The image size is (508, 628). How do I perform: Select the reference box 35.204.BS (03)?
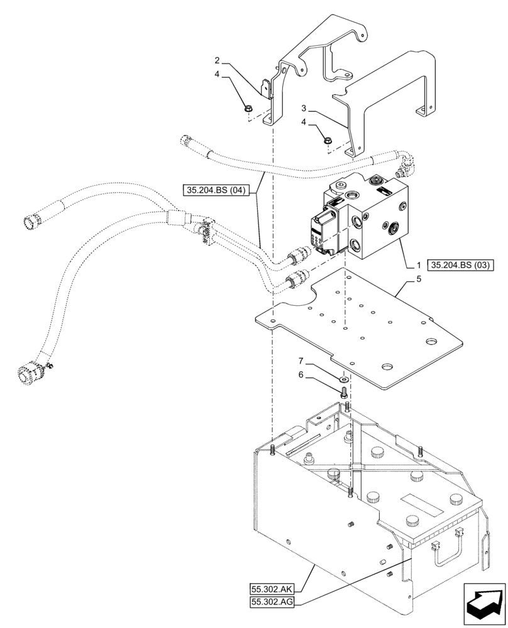(461, 264)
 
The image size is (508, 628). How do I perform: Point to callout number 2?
(217, 60)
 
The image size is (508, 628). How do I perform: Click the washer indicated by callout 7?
(343, 380)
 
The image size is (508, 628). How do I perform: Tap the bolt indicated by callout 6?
(343, 393)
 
